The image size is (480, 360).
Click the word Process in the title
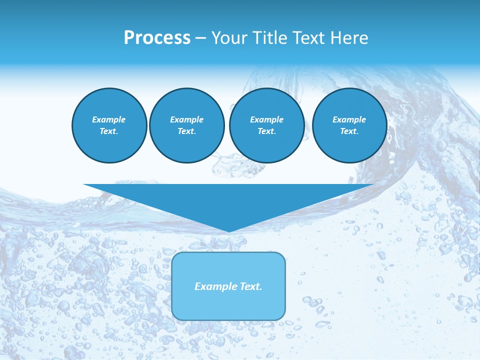(157, 38)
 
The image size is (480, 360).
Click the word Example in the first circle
(109, 119)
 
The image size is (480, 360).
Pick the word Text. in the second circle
(187, 131)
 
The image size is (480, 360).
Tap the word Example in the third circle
(266, 119)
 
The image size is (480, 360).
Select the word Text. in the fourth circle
(349, 131)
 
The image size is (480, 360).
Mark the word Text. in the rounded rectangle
(251, 286)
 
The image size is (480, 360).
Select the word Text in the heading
(307, 38)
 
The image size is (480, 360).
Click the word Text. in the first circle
(109, 131)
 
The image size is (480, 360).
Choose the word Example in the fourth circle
(349, 119)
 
